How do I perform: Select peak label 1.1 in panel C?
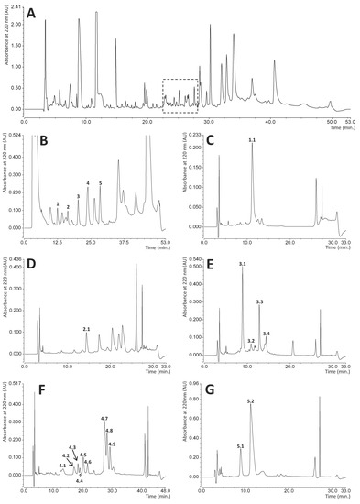252,140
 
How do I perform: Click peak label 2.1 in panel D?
87,329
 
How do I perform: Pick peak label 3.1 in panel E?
243,264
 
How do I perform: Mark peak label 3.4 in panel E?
267,334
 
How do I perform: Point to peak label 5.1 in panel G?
240,446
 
